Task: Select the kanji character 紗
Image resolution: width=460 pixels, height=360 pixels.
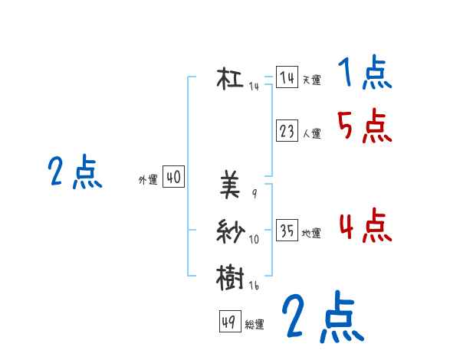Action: (230, 231)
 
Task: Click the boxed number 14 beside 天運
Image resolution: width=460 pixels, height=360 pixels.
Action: (287, 77)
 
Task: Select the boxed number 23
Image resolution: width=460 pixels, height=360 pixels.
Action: (287, 131)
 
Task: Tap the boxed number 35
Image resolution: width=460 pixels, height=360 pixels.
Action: (287, 231)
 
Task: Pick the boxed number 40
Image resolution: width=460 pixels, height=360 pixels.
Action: (173, 178)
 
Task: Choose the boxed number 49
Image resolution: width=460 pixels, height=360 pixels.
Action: (229, 322)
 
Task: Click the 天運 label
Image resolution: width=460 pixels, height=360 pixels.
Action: (311, 80)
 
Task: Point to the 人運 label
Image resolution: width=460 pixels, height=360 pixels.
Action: (311, 133)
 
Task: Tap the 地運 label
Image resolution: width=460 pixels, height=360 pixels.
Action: (311, 233)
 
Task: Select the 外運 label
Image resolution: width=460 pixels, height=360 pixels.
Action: (148, 180)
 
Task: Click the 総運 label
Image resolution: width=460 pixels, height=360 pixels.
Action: (255, 325)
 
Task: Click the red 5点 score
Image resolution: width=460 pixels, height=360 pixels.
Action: (364, 126)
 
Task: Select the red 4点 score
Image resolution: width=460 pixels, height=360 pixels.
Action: (364, 225)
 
